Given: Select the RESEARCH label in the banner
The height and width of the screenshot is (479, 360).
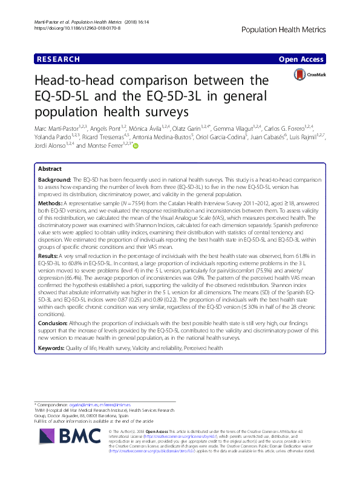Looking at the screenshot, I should point(58,59).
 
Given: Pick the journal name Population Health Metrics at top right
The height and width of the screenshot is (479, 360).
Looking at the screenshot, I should point(293,29).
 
